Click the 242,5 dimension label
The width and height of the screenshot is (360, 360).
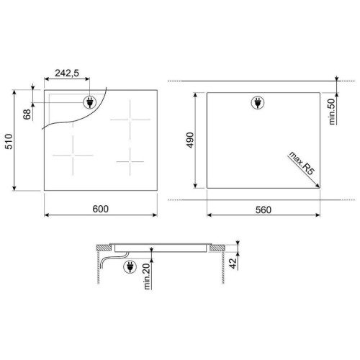67,73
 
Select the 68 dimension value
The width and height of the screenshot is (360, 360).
27,114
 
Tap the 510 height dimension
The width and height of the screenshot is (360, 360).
9,142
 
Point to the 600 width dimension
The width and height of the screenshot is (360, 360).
101,209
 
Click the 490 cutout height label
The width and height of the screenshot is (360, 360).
190,140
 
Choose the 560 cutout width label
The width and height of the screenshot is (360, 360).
264,210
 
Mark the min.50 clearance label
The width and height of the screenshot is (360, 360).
332,112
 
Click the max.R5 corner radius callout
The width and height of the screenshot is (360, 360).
302,163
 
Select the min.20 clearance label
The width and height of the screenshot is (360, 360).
147,276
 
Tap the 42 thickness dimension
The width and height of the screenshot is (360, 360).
233,264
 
